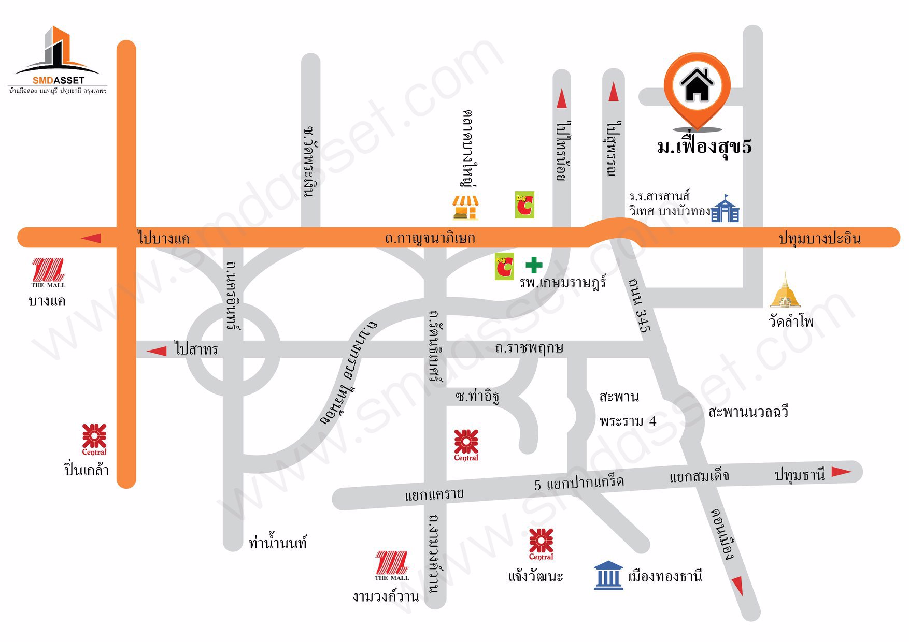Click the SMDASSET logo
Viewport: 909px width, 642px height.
click(x=57, y=60)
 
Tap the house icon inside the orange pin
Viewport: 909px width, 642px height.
click(x=697, y=85)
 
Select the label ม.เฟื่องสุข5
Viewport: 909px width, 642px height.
click(x=704, y=147)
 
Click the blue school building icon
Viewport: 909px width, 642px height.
click(x=725, y=209)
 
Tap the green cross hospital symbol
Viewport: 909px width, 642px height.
click(x=534, y=265)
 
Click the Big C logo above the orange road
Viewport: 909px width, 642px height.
click(x=524, y=205)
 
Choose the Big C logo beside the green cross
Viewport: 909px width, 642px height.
click(x=504, y=266)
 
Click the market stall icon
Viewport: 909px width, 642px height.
click(x=465, y=208)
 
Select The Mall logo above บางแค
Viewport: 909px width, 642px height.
click(x=48, y=272)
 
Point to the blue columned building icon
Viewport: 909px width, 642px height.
click(x=608, y=575)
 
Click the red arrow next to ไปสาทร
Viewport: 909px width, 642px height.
click(x=157, y=351)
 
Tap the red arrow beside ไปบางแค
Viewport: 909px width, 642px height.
click(x=91, y=238)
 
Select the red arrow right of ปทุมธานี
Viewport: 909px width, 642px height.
click(x=841, y=471)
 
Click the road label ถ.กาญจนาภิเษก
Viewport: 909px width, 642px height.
click(x=430, y=238)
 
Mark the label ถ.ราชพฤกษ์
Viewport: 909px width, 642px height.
click(x=529, y=348)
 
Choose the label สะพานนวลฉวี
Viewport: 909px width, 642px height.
click(x=748, y=412)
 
